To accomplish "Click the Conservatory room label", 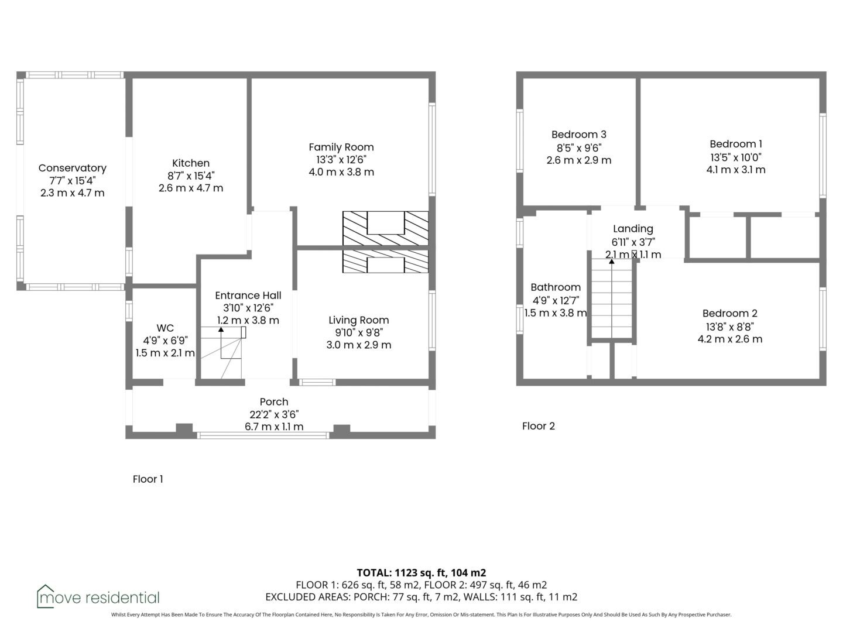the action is coord(72,168).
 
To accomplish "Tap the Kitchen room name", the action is coord(191,163).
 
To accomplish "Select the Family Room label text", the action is coord(341,147).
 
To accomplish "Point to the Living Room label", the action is coord(359,320).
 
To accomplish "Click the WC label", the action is coord(165,328).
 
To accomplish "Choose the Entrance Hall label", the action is coord(248,296).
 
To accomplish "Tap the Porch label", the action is coord(274,402).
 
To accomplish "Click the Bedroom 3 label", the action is coord(579,135).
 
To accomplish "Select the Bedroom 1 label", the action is coord(736,145).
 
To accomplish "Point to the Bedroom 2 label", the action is coord(729,314).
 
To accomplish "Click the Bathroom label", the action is coord(556,287).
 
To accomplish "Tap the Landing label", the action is coord(633,229).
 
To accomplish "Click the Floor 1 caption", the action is coord(148,479).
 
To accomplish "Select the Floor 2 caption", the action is coord(539,427).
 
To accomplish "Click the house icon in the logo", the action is coord(46,596).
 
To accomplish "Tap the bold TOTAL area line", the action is coord(421,573).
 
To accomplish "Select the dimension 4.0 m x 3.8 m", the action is coord(341,172).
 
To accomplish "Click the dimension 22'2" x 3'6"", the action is coord(274,414).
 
